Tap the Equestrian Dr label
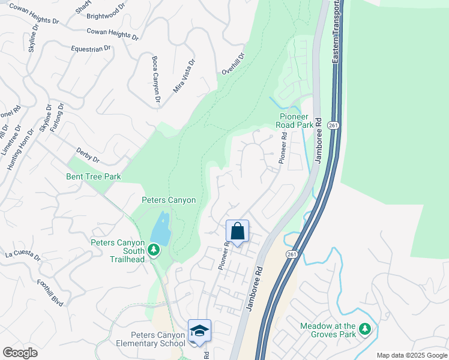pyautogui.click(x=91, y=48)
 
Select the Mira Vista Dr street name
pyautogui.click(x=184, y=76)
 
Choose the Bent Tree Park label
pyautogui.click(x=94, y=176)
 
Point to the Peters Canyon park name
pyautogui.click(x=169, y=200)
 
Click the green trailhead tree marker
pyautogui.click(x=154, y=248)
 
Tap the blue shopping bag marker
pyautogui.click(x=238, y=231)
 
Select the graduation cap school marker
pyautogui.click(x=199, y=331)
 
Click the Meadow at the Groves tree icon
pyautogui.click(x=364, y=329)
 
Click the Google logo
pyautogui.click(x=20, y=353)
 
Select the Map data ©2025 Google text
pyautogui.click(x=412, y=355)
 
